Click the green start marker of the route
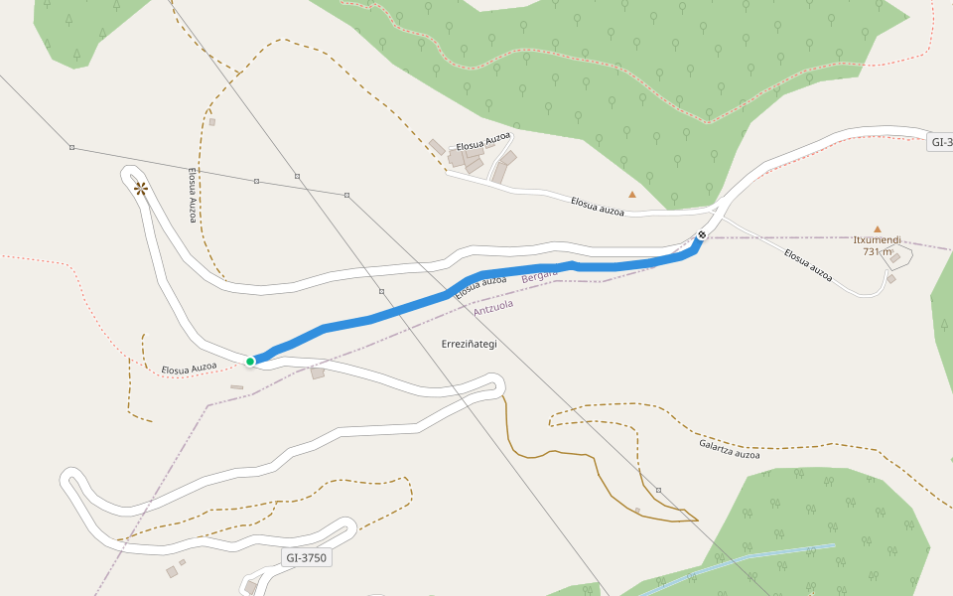250,361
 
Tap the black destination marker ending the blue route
702,235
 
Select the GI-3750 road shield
306,558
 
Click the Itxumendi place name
877,240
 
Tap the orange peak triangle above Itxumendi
877,228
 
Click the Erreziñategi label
469,344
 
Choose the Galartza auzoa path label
729,449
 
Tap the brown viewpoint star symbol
140,188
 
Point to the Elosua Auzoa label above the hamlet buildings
483,141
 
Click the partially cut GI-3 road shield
940,142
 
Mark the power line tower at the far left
71,148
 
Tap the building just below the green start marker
318,373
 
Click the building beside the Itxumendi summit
895,258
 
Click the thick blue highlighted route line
397,312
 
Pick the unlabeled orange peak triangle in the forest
631,194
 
